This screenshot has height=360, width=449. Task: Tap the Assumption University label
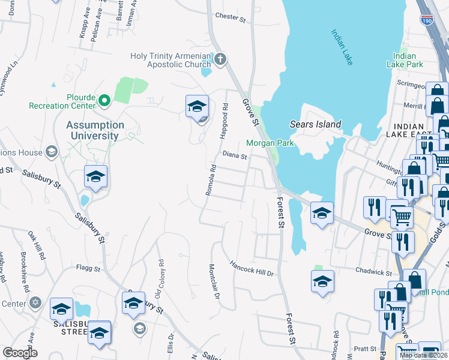[95, 130]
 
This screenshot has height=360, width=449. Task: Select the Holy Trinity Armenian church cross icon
[220, 59]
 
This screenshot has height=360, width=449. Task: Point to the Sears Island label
[315, 125]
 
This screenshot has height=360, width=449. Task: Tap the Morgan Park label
[269, 143]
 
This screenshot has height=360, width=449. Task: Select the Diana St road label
[235, 156]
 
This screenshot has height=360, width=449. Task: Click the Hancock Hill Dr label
[252, 268]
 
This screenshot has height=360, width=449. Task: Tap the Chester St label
[231, 18]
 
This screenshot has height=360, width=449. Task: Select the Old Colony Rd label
[160, 279]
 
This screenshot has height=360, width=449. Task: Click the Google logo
[20, 353]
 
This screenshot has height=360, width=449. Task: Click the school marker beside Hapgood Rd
[196, 106]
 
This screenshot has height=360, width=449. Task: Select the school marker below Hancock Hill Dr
[322, 281]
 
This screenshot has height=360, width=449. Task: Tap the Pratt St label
[364, 348]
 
